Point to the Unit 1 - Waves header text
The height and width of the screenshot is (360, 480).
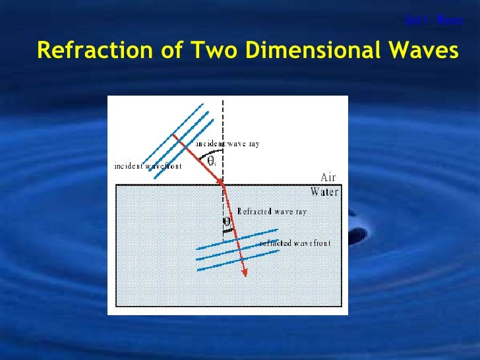click(435, 20)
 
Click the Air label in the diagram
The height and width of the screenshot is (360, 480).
click(329, 177)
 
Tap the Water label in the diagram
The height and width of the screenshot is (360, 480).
click(324, 192)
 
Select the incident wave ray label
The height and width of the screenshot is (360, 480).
click(227, 143)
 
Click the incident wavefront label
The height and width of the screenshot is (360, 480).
click(148, 166)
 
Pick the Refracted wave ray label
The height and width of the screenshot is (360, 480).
click(272, 212)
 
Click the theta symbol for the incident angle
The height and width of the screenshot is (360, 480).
click(212, 160)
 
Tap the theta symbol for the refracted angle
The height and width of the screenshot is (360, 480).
click(227, 222)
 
